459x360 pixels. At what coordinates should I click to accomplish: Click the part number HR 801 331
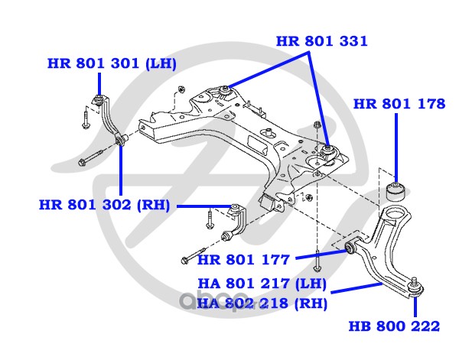(321, 41)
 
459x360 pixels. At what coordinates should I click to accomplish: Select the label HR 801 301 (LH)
(112, 64)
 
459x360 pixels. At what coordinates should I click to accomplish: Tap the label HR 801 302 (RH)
(106, 205)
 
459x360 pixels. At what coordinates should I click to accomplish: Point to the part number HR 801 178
(399, 104)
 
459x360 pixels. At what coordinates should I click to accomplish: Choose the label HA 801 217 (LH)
(262, 284)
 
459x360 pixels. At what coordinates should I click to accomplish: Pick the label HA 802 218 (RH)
(262, 303)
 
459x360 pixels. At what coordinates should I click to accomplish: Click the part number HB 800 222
(394, 326)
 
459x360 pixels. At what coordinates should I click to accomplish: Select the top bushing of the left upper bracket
(100, 98)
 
